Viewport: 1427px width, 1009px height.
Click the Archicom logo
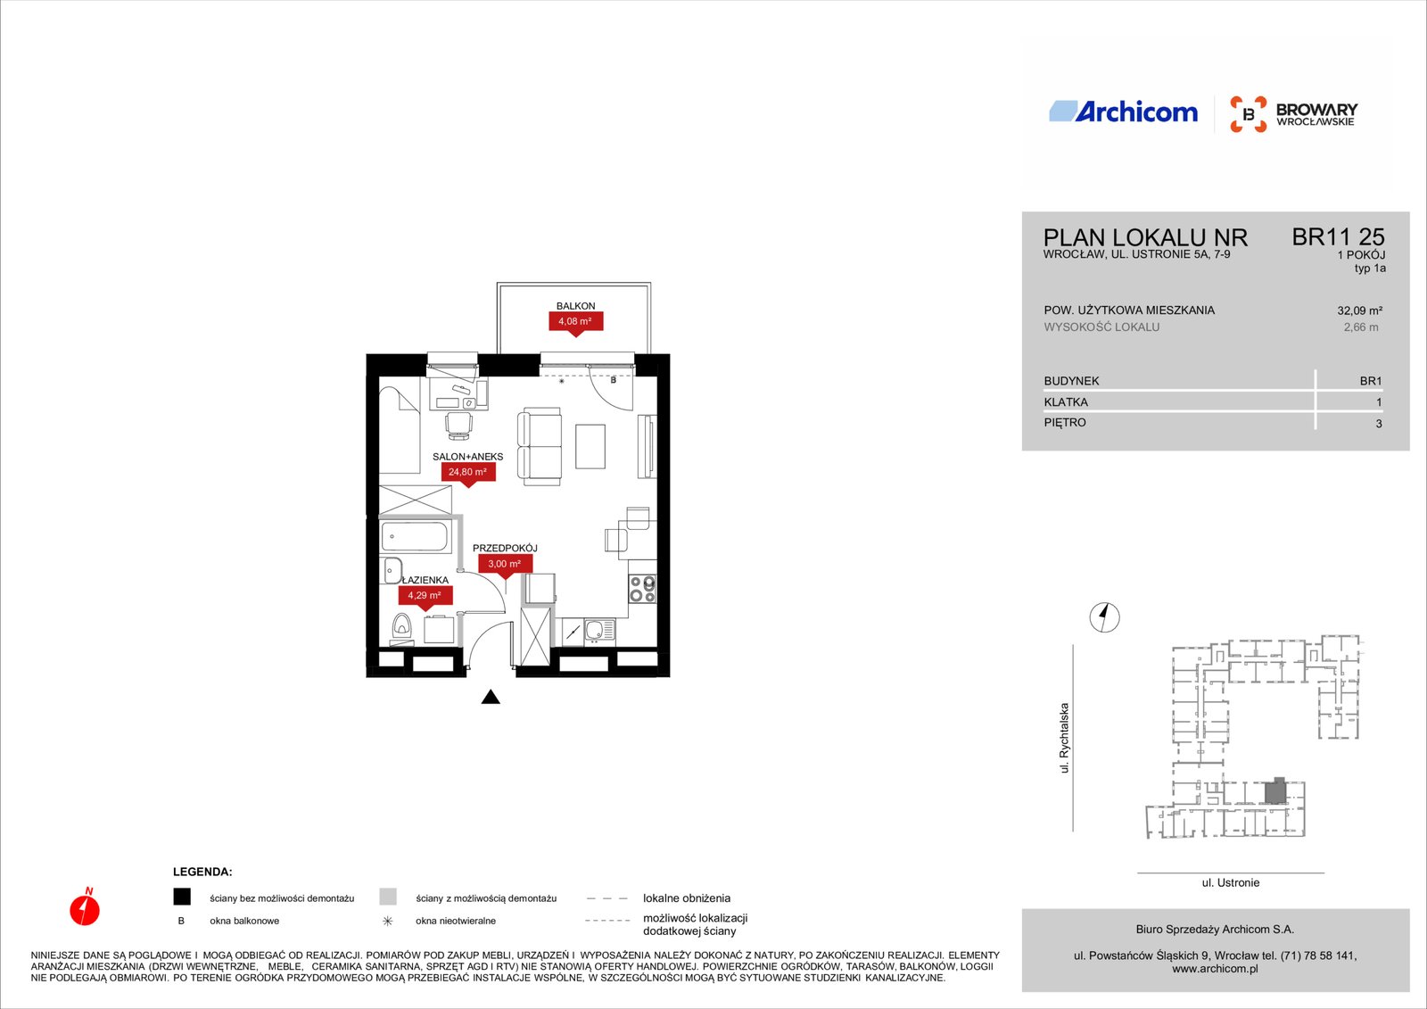pos(1123,112)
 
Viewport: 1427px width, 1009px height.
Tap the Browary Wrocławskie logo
pos(1293,114)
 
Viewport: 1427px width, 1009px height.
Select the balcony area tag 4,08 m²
pos(575,322)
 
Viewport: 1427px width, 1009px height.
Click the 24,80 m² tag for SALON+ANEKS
pos(468,473)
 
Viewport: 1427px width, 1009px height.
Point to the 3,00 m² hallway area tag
pos(505,565)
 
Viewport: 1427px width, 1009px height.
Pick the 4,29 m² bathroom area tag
pos(425,596)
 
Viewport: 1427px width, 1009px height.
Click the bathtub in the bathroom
pos(417,537)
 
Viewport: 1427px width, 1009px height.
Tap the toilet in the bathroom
pos(401,627)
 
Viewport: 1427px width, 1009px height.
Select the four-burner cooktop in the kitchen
pos(642,588)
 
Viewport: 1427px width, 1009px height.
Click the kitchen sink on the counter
pos(599,631)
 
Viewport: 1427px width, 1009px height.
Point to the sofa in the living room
pos(540,447)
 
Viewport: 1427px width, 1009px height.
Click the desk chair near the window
pos(458,426)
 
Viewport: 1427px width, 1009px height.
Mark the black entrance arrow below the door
pos(491,698)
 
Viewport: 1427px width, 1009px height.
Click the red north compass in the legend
pos(85,907)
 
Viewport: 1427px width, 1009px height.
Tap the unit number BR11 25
pos(1338,237)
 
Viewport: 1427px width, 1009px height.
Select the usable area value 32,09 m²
pos(1359,311)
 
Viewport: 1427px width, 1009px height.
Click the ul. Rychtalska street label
pos(1064,738)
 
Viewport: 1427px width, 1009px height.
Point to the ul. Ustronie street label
pos(1230,883)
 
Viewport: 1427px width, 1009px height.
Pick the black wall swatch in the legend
pos(182,897)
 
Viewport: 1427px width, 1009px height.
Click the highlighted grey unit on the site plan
pos(1274,791)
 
